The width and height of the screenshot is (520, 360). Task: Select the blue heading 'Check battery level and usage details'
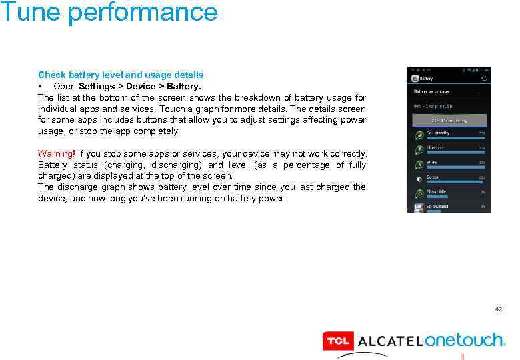click(x=121, y=75)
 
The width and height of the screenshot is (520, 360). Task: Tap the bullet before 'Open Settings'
click(x=41, y=87)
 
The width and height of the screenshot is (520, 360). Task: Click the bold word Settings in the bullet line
click(x=96, y=86)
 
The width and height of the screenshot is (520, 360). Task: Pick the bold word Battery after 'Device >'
click(x=185, y=86)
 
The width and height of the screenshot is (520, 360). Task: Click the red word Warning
click(x=56, y=154)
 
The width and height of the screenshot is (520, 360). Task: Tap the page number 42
click(x=498, y=309)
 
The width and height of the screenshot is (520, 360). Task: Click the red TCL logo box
click(x=337, y=341)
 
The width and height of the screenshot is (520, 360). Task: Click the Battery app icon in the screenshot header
click(x=413, y=78)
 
